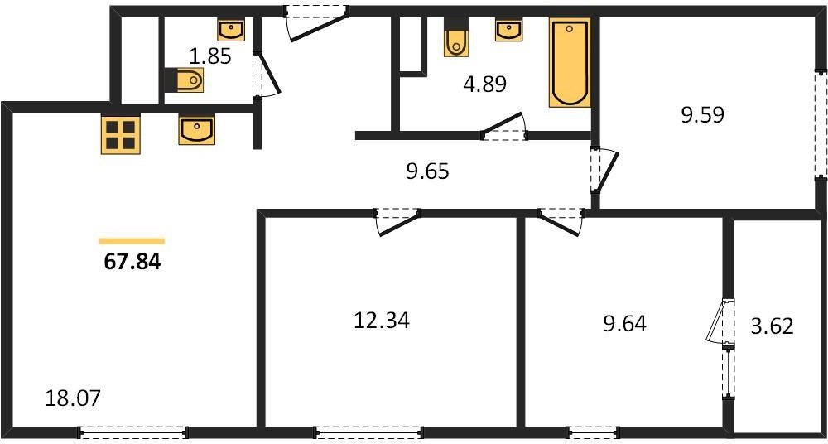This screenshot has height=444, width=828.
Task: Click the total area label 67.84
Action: click(132, 263)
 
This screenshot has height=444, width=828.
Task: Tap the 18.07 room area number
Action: click(72, 398)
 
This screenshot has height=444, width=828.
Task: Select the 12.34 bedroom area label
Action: click(381, 319)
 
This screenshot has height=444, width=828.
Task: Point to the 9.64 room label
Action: click(624, 322)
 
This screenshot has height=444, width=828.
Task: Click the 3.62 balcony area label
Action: click(771, 326)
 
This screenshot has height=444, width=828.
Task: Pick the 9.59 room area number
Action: click(702, 115)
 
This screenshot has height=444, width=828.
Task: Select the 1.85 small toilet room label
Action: click(210, 57)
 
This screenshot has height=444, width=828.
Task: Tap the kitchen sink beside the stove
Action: click(196, 130)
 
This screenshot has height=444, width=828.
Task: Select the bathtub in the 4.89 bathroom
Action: click(569, 63)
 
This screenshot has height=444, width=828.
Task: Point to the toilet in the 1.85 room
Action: click(186, 81)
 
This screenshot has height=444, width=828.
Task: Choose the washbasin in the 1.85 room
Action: click(230, 31)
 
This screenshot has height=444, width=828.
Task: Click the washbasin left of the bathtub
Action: click(508, 30)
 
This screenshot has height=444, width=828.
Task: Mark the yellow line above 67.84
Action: click(132, 241)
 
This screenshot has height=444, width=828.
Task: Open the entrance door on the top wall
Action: click(315, 20)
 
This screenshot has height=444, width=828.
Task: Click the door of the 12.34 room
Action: click(397, 220)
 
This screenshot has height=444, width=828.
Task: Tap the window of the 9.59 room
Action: click(820, 124)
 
